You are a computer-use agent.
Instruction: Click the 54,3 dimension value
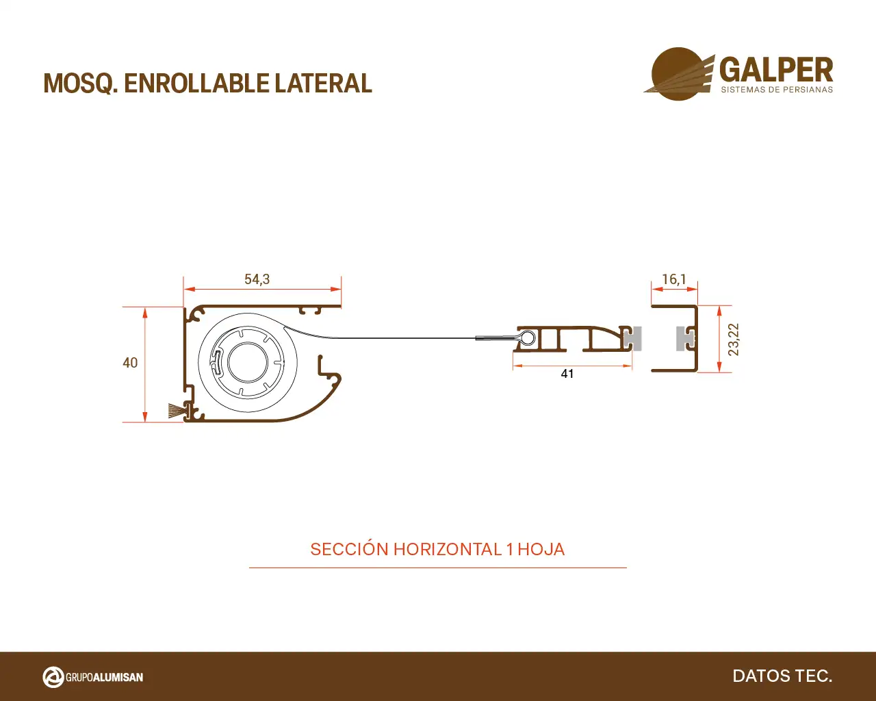tap(257, 279)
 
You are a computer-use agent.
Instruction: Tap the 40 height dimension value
tap(130, 363)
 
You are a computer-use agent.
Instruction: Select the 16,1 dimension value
tap(674, 279)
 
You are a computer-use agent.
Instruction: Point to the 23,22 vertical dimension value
tap(733, 340)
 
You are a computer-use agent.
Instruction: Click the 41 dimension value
tap(567, 374)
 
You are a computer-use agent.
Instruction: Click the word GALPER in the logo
tap(776, 70)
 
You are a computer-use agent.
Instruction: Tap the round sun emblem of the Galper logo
tap(679, 74)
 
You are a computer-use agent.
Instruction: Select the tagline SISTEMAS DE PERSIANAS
tap(777, 90)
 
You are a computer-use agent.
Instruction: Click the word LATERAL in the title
tap(323, 84)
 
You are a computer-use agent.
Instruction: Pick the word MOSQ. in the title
tap(81, 84)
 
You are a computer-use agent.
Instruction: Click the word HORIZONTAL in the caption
tap(448, 550)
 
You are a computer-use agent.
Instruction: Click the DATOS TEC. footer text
tap(782, 676)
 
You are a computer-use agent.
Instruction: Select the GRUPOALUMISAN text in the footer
tap(105, 677)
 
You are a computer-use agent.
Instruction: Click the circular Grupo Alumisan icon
tap(53, 677)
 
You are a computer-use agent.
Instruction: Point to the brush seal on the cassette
tap(175, 410)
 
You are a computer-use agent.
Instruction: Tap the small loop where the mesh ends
tap(528, 337)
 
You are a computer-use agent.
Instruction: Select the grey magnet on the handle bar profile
tap(634, 338)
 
